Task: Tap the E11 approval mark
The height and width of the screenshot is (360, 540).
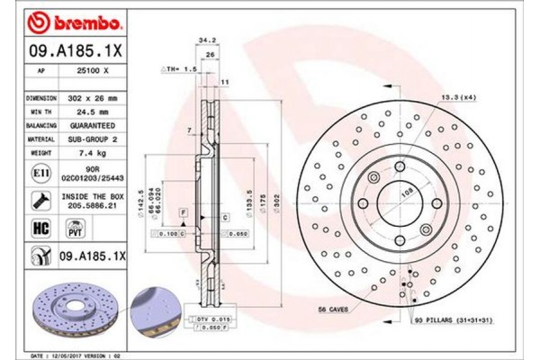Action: [x=39, y=171]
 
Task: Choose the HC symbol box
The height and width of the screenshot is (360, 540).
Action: [x=39, y=228]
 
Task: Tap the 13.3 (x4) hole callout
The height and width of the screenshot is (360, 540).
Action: [x=454, y=96]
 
